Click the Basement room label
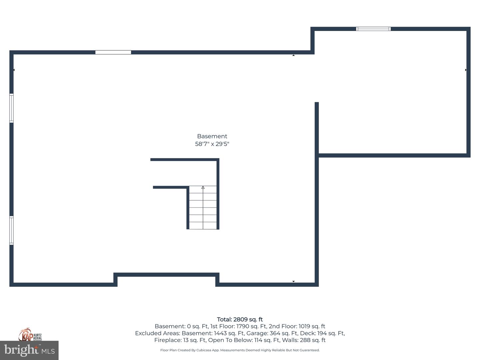(212, 136)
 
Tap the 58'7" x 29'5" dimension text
(212, 144)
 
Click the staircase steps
(203, 207)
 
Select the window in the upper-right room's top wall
(373, 29)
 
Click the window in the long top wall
(113, 52)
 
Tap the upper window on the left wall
(11, 108)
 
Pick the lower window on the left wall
(11, 230)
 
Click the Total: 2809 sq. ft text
(240, 319)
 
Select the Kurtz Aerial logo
(30, 335)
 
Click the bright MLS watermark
(29, 350)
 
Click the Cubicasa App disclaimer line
(240, 350)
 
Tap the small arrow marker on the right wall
(466, 70)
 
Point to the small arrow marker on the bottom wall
(293, 281)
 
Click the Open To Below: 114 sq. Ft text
(244, 340)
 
